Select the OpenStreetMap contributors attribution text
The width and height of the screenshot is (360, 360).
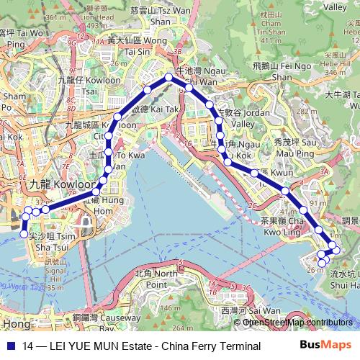tap(298, 322)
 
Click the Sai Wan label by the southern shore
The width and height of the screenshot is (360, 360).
tap(235, 310)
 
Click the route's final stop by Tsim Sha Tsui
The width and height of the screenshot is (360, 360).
tap(23, 234)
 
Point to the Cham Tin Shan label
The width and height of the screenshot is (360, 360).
tap(274, 27)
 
